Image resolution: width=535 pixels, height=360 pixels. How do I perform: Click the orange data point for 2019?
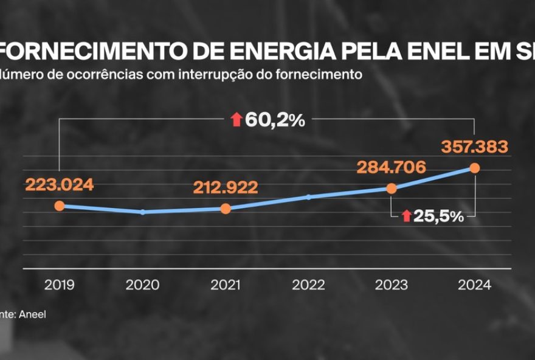59,206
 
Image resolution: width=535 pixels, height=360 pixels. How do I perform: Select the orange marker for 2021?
226,209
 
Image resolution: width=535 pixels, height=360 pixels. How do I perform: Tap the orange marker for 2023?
392,189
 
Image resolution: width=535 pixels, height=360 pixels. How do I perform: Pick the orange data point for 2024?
475,168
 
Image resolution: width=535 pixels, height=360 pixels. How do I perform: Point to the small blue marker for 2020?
143,212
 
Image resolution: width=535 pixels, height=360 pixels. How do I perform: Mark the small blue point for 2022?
309,197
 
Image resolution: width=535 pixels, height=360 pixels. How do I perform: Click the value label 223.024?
60,185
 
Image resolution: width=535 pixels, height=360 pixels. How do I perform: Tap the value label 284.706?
392,167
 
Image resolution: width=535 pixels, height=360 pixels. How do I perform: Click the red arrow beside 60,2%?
236,120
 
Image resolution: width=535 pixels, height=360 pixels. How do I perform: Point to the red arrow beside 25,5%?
406,216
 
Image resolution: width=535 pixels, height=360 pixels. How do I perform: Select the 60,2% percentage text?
275,120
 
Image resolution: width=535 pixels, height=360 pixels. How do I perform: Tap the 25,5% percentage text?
438,216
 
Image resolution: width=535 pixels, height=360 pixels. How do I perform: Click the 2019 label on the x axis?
60,285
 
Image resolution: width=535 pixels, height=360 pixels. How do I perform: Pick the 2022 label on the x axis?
309,285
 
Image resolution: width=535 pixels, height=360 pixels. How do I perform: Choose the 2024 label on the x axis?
475,285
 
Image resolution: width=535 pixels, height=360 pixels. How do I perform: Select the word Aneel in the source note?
33,314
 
